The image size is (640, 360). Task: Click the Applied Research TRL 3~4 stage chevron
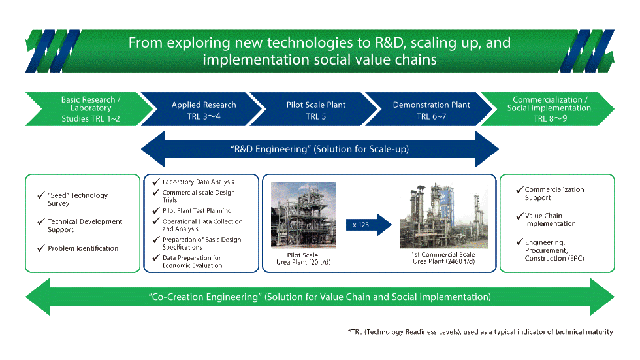click(x=204, y=110)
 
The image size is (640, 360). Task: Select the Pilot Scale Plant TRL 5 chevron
click(x=315, y=110)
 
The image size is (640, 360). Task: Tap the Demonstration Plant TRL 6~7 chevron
click(x=431, y=110)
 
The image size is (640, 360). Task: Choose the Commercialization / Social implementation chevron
click(x=549, y=109)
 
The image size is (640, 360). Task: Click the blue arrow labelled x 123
click(x=368, y=225)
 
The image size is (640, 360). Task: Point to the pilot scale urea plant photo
click(x=303, y=215)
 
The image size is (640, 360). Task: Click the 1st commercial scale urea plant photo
click(x=443, y=215)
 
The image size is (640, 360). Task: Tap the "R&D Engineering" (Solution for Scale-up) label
click(x=320, y=149)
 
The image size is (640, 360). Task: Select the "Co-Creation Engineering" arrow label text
click(x=319, y=297)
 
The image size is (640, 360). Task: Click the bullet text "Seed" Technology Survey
click(x=77, y=199)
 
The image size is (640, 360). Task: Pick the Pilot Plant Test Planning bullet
click(x=196, y=211)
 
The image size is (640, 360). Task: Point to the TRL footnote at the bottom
click(x=480, y=332)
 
